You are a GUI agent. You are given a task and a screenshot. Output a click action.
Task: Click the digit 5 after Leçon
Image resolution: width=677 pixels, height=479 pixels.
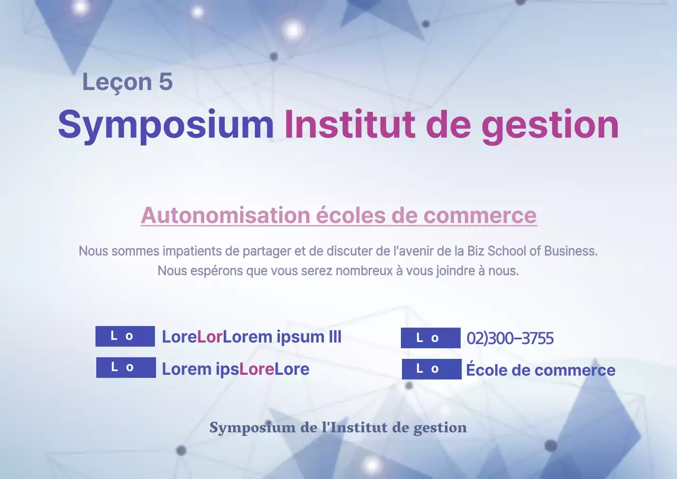(x=166, y=82)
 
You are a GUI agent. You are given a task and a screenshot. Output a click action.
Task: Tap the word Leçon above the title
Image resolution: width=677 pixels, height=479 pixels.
(x=116, y=82)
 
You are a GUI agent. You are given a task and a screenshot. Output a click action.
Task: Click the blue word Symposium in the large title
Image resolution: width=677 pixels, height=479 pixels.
(x=166, y=125)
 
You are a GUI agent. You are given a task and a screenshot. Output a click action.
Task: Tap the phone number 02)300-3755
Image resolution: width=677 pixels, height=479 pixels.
(x=510, y=338)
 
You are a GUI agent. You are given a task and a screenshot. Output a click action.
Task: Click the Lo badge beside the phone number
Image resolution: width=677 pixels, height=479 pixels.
(x=431, y=338)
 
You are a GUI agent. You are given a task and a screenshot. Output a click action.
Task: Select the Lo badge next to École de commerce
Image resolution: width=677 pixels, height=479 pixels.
(x=432, y=369)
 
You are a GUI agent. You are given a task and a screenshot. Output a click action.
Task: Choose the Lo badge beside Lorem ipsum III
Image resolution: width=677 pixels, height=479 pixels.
(x=125, y=336)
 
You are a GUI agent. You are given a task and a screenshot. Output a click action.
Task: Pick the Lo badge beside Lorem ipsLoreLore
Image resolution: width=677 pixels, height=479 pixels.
(x=126, y=367)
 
